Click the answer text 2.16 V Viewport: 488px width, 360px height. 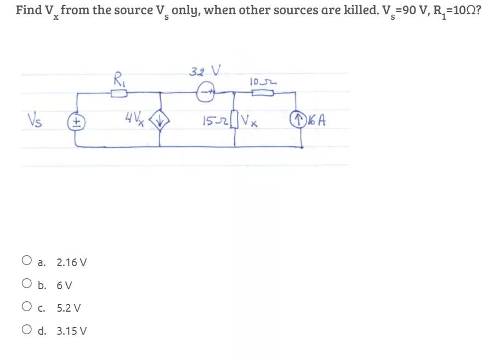(x=72, y=262)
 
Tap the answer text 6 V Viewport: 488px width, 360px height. (x=65, y=285)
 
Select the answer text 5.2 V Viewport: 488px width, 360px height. (x=69, y=308)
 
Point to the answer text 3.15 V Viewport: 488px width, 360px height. (x=72, y=331)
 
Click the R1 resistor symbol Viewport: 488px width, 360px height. (x=119, y=94)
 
